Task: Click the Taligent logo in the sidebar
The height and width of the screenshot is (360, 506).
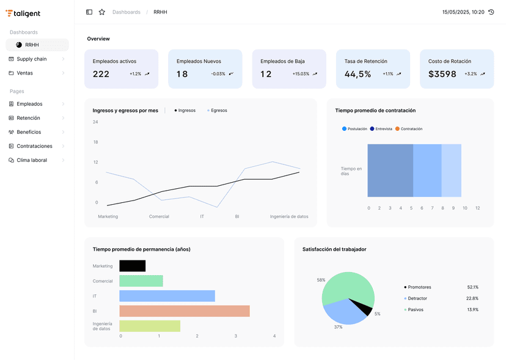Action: [23, 13]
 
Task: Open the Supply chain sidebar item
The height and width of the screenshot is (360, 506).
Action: [31, 59]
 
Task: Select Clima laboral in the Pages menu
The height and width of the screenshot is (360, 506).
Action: [31, 160]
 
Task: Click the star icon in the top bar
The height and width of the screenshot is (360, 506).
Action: [102, 12]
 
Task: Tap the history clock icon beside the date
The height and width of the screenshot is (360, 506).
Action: [491, 12]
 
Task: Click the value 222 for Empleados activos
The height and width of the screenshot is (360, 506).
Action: [101, 74]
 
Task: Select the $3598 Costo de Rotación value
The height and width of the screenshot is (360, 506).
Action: [442, 74]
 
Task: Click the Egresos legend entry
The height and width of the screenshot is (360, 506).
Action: [218, 111]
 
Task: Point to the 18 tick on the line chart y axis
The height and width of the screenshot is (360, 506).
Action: [95, 142]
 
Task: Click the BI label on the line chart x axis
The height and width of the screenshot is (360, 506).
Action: [237, 216]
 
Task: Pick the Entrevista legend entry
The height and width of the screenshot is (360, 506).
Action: [383, 129]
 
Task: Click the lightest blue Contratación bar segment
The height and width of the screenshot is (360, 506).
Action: [451, 171]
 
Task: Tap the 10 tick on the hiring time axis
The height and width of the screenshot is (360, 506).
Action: [464, 208]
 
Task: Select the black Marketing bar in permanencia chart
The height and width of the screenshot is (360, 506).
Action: [133, 266]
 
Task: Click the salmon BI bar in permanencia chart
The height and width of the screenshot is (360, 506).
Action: [185, 311]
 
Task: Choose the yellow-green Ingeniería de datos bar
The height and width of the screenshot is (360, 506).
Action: [150, 326]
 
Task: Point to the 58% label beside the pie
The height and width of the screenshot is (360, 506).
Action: [321, 280]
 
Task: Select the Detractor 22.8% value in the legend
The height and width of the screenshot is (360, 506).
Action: [472, 298]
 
